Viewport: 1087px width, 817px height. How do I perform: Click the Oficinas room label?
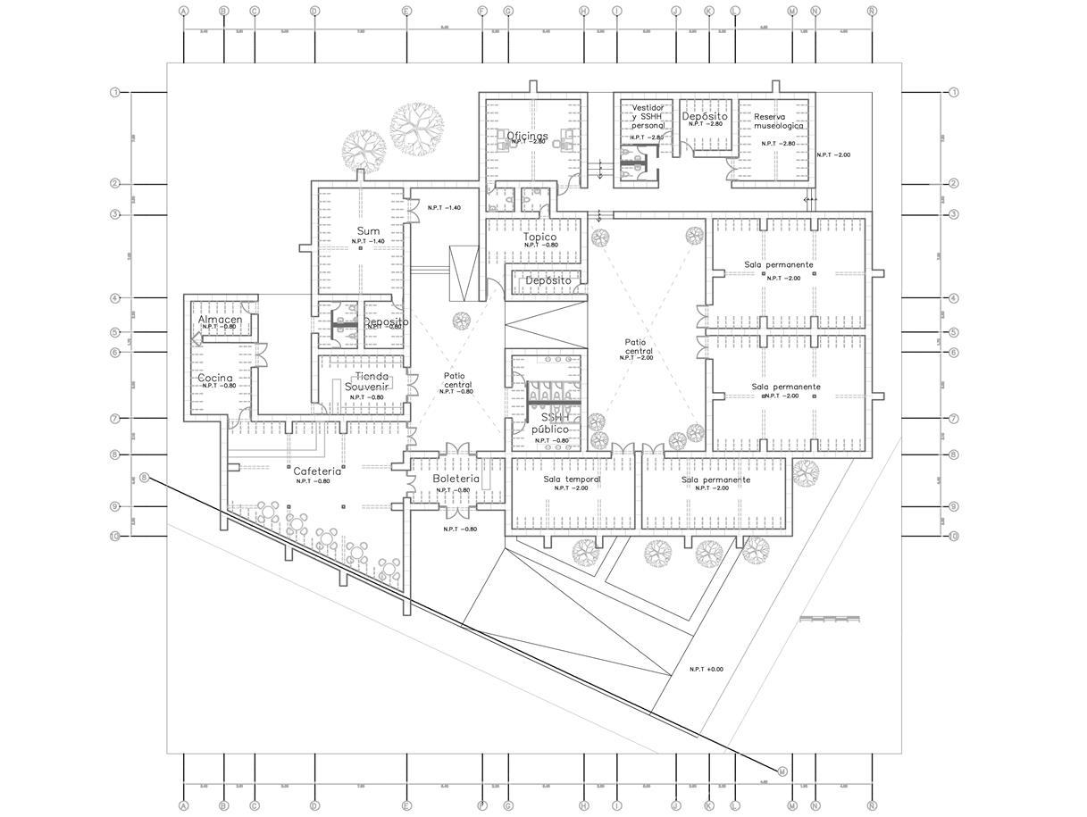528,136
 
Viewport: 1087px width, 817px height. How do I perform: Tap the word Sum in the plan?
368,231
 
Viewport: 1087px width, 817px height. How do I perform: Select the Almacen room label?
220,320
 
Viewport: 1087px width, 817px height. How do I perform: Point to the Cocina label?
215,378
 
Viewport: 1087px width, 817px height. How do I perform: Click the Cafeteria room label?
317,471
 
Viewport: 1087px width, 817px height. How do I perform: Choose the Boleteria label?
456,479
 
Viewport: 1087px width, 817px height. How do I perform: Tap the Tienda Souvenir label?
372,381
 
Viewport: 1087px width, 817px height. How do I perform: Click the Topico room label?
540,237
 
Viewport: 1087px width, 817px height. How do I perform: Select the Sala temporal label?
572,479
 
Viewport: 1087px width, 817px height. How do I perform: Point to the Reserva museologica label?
778,121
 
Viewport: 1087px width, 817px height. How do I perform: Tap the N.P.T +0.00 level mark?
707,669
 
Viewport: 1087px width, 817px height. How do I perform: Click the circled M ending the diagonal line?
782,771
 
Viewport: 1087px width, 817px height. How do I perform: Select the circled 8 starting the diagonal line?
145,478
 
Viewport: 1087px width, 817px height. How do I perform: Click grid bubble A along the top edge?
184,12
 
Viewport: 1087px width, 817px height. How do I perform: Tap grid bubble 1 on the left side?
115,93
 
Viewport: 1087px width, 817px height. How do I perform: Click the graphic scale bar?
830,618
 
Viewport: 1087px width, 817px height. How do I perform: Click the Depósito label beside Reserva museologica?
705,116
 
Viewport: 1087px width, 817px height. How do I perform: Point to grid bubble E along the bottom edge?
407,805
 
